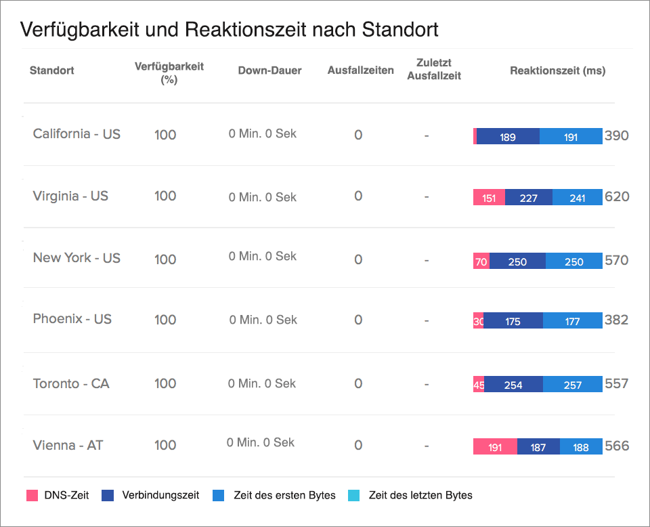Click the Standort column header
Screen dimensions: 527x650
52,70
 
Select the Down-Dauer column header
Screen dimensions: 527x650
269,70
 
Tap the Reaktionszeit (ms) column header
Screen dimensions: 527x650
557,70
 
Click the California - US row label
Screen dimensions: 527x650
77,134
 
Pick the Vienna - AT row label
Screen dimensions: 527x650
68,446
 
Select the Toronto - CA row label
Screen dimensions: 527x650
71,384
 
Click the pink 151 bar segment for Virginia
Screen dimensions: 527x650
489,198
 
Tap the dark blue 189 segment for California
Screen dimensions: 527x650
508,137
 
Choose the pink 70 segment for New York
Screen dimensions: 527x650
481,261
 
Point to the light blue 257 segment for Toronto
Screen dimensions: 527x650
572,385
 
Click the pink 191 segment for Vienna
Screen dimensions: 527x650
495,447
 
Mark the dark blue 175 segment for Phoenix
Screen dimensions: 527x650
513,322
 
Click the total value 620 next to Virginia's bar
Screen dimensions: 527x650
617,197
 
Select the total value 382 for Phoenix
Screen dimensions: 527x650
616,320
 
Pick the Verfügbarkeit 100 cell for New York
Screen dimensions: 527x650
165,259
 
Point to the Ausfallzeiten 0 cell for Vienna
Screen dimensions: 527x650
358,446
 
